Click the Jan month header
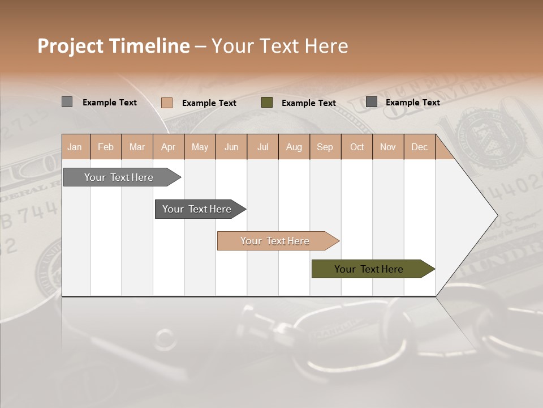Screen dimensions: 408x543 pyautogui.click(x=75, y=147)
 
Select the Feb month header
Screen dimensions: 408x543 pyautogui.click(x=106, y=147)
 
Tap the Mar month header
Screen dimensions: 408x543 pyautogui.click(x=137, y=147)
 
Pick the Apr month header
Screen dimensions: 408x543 pyautogui.click(x=168, y=147)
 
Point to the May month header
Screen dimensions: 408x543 pyautogui.click(x=200, y=147)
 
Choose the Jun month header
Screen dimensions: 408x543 pyautogui.click(x=231, y=147)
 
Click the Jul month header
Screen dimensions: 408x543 pyautogui.click(x=262, y=147)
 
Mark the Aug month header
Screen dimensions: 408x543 pyautogui.click(x=294, y=147)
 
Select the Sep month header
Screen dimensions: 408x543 pyautogui.click(x=325, y=147)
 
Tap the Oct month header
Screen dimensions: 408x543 pyautogui.click(x=357, y=147)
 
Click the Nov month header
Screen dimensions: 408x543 pyautogui.click(x=388, y=147)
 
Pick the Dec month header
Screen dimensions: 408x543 pyautogui.click(x=419, y=147)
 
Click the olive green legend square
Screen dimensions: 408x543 pyautogui.click(x=267, y=102)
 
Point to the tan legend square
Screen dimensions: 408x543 pyautogui.click(x=167, y=103)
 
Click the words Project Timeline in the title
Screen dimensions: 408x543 pyautogui.click(x=114, y=46)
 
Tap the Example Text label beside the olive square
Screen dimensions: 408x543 pyautogui.click(x=309, y=103)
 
